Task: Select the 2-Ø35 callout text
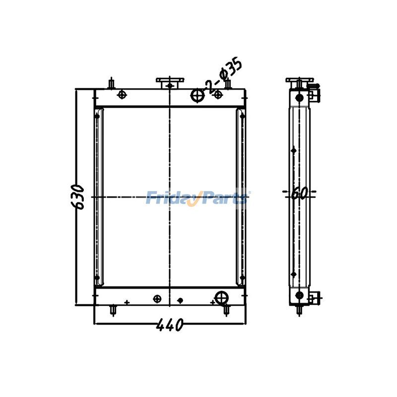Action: [x=223, y=76]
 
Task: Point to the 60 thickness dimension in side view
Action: [x=298, y=193]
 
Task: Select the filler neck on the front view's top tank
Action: [x=170, y=82]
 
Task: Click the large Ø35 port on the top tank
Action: [x=198, y=95]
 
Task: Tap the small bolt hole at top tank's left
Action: [x=122, y=95]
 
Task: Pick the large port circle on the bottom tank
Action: [x=222, y=298]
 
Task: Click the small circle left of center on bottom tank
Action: [x=157, y=298]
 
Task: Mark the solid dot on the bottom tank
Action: [x=180, y=300]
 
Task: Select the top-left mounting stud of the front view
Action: [x=112, y=83]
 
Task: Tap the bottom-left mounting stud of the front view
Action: [x=114, y=310]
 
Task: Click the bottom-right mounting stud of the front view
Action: [x=227, y=310]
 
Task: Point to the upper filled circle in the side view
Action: [x=299, y=98]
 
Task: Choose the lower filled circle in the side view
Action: [x=299, y=295]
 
